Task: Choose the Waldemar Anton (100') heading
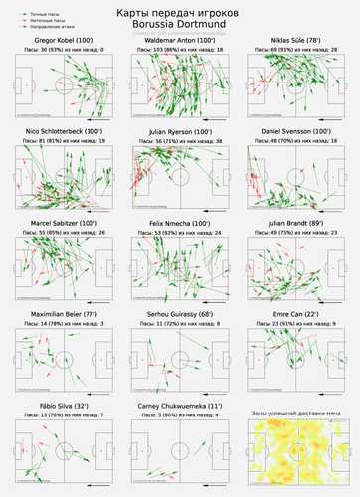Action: (x=180, y=40)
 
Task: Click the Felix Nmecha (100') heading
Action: (x=180, y=224)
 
